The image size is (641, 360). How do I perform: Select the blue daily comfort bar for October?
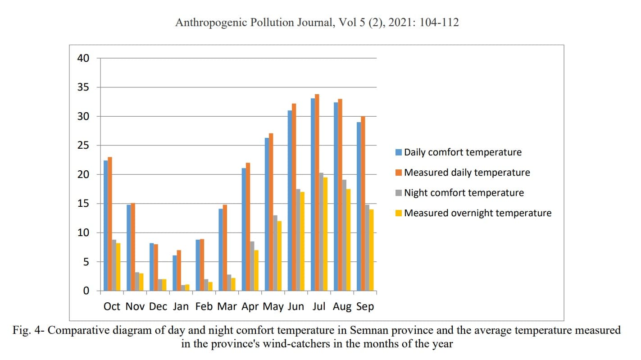[x=106, y=225]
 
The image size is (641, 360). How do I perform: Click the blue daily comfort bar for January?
[x=175, y=273]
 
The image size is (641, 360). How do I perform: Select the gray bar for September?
[x=368, y=248]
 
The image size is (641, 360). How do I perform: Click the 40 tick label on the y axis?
[x=84, y=58]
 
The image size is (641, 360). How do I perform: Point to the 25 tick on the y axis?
[x=84, y=146]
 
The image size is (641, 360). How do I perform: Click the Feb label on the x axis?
[x=204, y=307]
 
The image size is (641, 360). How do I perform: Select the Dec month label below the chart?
[x=158, y=307]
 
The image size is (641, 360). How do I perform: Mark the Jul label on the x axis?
[x=318, y=307]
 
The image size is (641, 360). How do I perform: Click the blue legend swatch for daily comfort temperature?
[x=399, y=152]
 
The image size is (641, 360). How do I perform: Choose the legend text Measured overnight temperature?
[x=477, y=213]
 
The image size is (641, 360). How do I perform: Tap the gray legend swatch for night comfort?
[x=399, y=193]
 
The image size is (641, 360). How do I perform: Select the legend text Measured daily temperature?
[x=467, y=173]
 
